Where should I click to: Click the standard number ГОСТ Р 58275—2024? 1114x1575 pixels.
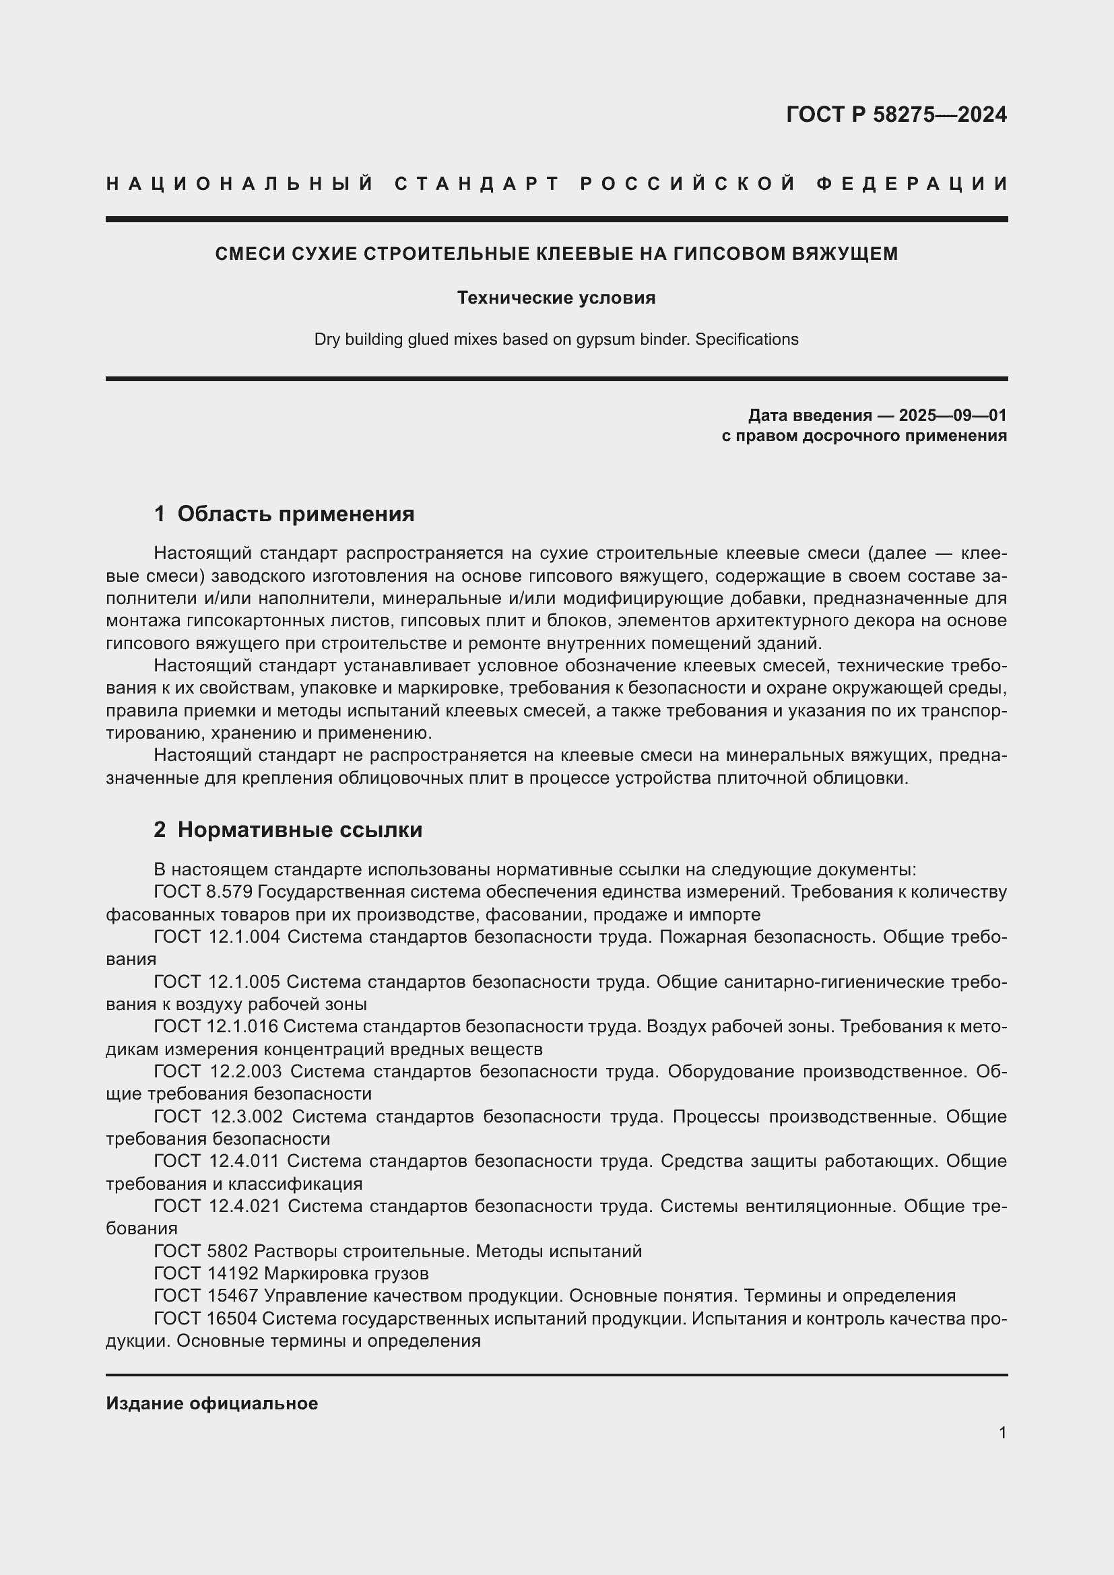click(x=896, y=114)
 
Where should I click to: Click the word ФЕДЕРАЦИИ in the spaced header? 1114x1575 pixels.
click(x=912, y=184)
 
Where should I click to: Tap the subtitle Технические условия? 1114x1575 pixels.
click(x=556, y=298)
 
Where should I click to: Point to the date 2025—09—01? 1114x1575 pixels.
click(x=953, y=415)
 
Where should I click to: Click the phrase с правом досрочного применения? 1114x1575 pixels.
click(x=863, y=436)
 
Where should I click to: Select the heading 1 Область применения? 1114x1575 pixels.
click(x=284, y=514)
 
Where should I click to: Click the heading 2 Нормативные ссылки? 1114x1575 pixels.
click(x=288, y=830)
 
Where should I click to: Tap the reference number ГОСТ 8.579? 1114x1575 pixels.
click(x=203, y=892)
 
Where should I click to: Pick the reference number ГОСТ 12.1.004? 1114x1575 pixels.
click(x=217, y=937)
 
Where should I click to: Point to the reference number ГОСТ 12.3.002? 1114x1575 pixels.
click(x=218, y=1116)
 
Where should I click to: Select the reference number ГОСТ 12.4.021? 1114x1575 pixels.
click(x=218, y=1205)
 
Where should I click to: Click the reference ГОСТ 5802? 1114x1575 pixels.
click(x=201, y=1250)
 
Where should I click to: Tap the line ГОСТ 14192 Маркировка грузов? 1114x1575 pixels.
click(x=291, y=1273)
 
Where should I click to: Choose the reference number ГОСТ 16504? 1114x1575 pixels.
click(x=205, y=1318)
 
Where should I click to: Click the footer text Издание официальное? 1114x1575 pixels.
click(x=212, y=1403)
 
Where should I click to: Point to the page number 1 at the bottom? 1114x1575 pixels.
click(x=1002, y=1433)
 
